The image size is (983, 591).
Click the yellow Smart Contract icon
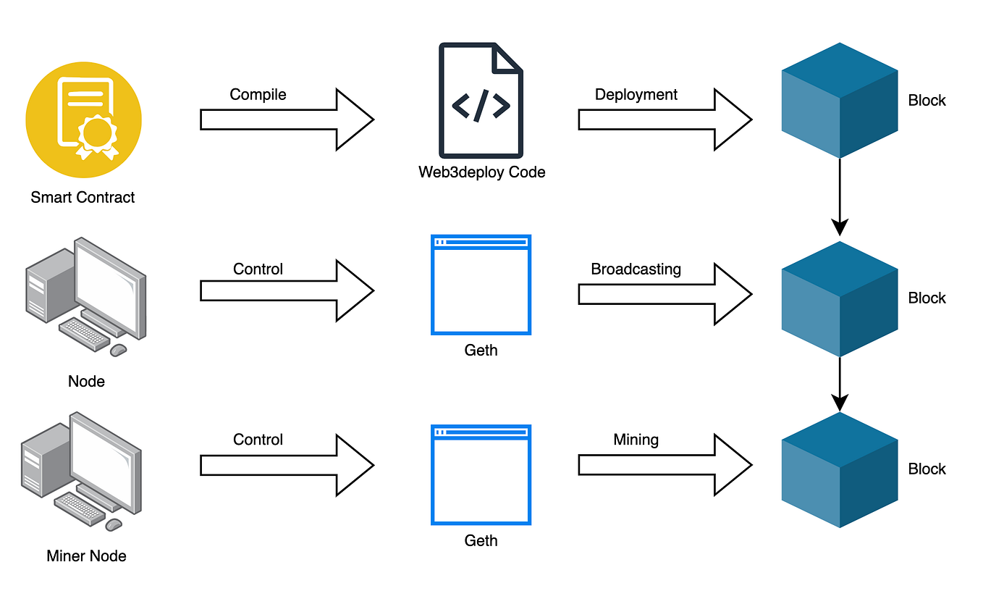click(x=83, y=120)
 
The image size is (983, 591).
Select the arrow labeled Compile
click(x=286, y=120)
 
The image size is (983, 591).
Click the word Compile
click(x=258, y=95)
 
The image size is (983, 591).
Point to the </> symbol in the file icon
click(x=481, y=105)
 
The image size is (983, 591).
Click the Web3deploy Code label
click(x=481, y=172)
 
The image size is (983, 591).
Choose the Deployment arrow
click(x=665, y=120)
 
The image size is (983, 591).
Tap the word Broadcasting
click(x=636, y=269)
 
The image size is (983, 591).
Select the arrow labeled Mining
click(x=665, y=464)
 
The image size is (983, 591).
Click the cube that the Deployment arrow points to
click(x=840, y=100)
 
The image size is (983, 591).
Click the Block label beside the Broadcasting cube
click(x=927, y=298)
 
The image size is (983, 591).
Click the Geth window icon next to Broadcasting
click(x=481, y=285)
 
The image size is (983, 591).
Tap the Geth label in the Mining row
click(x=481, y=541)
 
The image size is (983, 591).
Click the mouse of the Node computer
click(x=118, y=350)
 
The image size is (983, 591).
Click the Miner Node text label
click(x=86, y=556)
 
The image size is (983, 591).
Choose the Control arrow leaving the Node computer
click(x=286, y=290)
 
